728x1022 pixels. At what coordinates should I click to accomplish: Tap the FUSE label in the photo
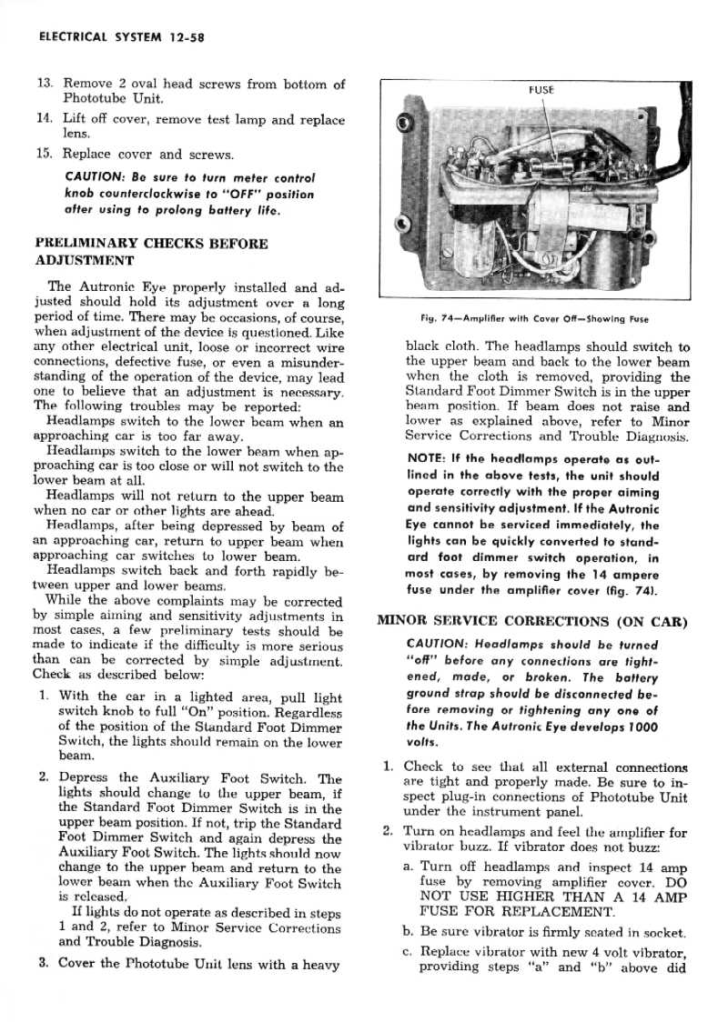(x=541, y=91)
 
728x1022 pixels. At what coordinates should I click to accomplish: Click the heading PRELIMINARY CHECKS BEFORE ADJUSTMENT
(x=150, y=252)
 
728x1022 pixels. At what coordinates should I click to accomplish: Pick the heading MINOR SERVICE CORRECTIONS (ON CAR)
(x=532, y=623)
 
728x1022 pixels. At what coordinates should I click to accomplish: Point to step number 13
(x=45, y=85)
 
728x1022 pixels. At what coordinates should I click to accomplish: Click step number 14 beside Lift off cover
(x=45, y=119)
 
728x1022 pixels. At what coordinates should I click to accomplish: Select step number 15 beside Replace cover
(x=45, y=154)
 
